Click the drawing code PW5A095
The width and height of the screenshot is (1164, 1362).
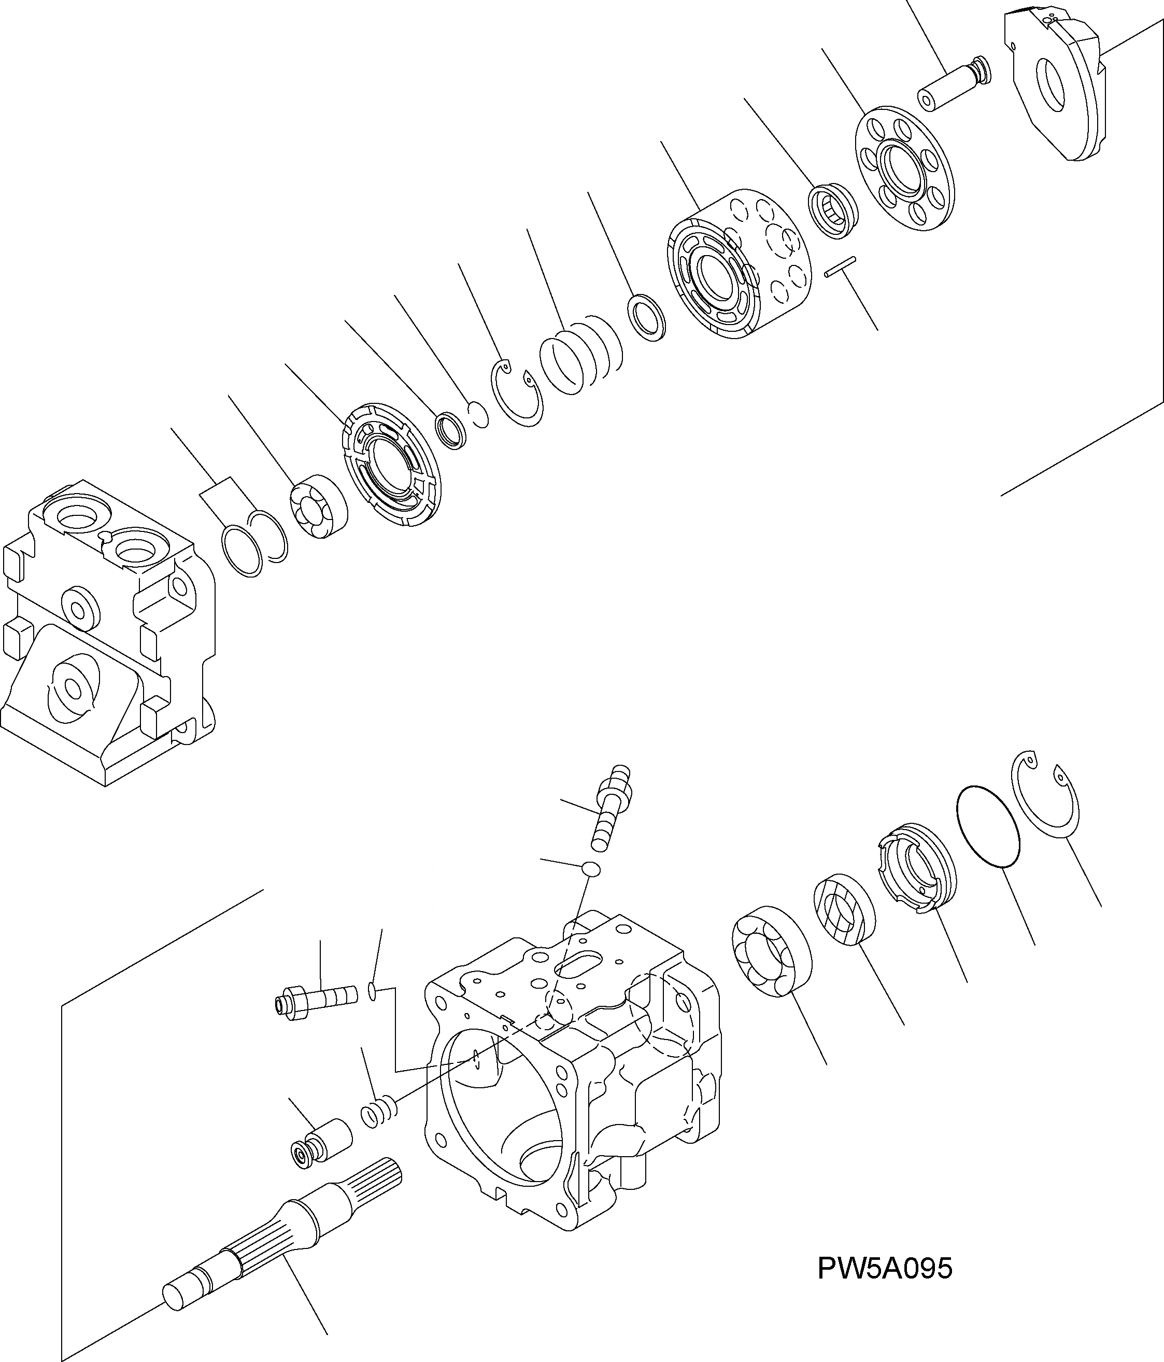[x=884, y=1269]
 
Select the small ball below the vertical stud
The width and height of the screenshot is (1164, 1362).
[x=591, y=869]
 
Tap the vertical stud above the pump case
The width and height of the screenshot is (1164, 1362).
[x=611, y=808]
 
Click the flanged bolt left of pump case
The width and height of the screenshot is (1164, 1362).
[x=316, y=1002]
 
